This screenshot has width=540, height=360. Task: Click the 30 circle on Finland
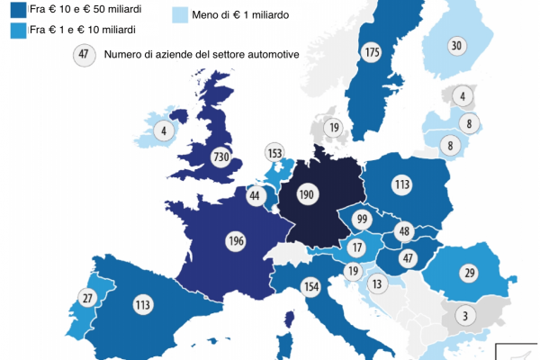click(457, 46)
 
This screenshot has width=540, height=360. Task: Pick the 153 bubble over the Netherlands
click(275, 153)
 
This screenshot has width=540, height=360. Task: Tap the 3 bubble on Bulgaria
click(464, 315)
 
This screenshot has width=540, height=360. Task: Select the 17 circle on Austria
click(357, 247)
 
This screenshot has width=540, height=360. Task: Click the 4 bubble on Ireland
click(164, 129)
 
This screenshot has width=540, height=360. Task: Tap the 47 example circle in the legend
click(84, 55)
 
